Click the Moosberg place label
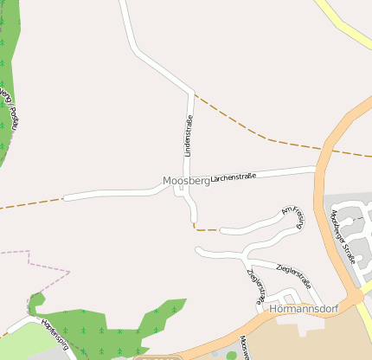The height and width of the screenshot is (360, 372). (186, 181)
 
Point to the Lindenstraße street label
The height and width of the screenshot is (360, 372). (187, 137)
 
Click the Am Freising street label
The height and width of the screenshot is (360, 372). (293, 216)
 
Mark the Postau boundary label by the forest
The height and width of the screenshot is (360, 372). (10, 108)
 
